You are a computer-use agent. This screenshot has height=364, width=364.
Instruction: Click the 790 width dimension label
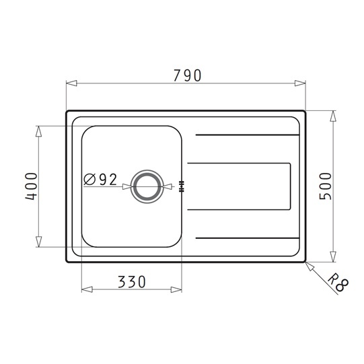[187, 75]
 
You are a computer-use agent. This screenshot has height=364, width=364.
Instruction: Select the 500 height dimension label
[325, 186]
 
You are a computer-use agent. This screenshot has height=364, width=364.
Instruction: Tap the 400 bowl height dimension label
[31, 186]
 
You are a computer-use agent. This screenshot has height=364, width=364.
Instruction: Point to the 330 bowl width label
[132, 282]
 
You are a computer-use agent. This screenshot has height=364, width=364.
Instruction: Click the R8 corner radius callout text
[338, 283]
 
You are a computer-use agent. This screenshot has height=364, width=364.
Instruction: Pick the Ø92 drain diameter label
[100, 180]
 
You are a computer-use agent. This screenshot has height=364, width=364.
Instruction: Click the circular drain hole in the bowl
[146, 186]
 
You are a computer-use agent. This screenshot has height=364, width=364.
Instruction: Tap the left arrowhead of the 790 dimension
[71, 83]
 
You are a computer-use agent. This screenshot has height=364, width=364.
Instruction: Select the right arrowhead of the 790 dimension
[300, 83]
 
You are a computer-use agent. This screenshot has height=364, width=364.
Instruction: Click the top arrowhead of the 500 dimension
[333, 116]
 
